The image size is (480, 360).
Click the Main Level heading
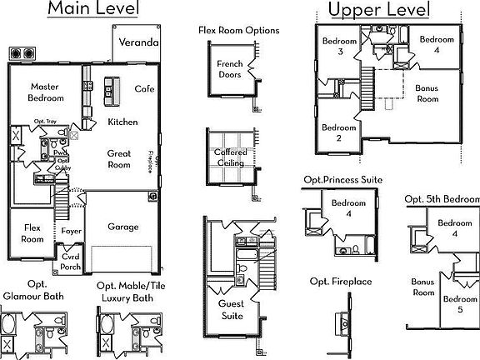coord(93,9)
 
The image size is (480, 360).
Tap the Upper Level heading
coord(379,10)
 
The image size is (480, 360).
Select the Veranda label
coord(137,42)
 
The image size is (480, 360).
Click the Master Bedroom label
coord(43,92)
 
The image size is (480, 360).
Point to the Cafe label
coord(144,89)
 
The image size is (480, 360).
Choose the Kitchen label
coord(123,122)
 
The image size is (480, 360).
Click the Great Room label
coord(119,159)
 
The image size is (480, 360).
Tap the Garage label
coord(122,227)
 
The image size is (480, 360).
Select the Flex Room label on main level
coord(32,233)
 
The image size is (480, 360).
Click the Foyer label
coord(71,231)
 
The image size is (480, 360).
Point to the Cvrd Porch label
coord(71,263)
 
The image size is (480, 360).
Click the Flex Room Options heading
coord(238,31)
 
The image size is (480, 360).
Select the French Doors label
coord(229,69)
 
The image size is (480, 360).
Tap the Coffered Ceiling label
coord(229,158)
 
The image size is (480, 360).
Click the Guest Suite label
coord(231,309)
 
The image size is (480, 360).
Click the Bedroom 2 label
coord(339,133)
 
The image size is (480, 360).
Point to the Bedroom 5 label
coord(459,304)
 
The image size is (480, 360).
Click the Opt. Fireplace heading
coord(340,282)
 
